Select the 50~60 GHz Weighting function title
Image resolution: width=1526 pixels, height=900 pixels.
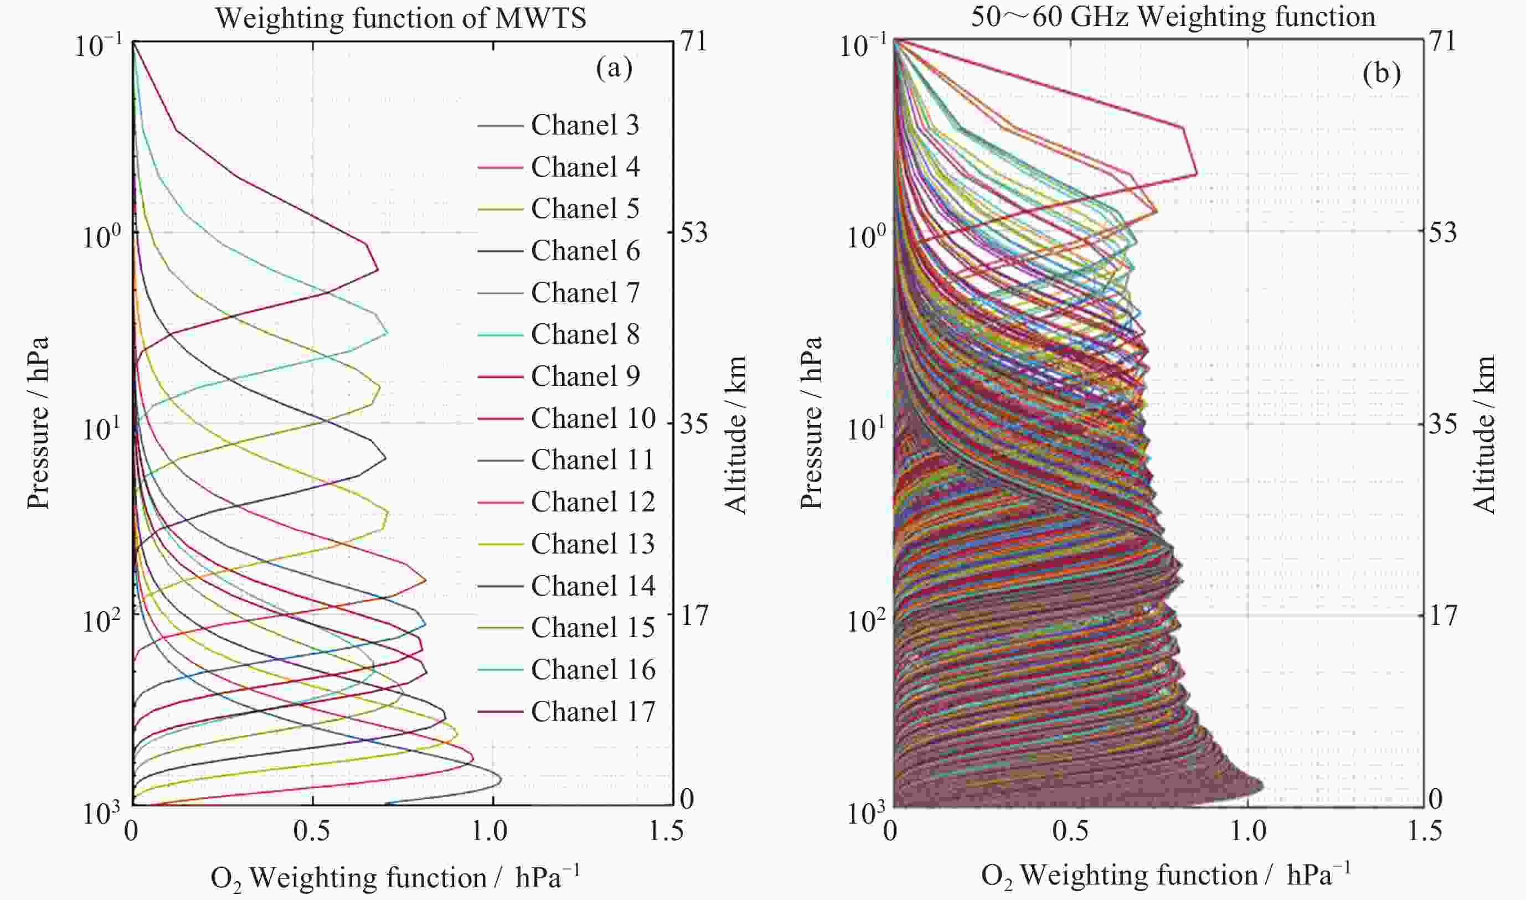pyautogui.click(x=1173, y=17)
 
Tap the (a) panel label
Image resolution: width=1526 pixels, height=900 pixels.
pyautogui.click(x=614, y=68)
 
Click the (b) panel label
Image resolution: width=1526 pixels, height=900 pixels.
pyautogui.click(x=1381, y=74)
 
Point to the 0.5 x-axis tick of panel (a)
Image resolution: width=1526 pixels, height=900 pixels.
pyautogui.click(x=312, y=830)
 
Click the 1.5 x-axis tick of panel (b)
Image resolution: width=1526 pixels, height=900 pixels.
pyautogui.click(x=1423, y=830)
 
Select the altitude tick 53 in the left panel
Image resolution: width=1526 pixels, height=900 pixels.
pyautogui.click(x=693, y=232)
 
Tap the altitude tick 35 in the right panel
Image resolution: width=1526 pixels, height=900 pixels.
pyautogui.click(x=1442, y=423)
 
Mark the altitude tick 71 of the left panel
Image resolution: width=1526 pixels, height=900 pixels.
pyautogui.click(x=693, y=42)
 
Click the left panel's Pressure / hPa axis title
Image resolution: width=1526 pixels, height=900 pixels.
pyautogui.click(x=38, y=423)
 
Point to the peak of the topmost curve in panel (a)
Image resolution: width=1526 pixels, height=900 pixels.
pyautogui.click(x=377, y=269)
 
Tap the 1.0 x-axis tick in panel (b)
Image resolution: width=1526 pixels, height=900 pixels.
pyautogui.click(x=1247, y=830)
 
